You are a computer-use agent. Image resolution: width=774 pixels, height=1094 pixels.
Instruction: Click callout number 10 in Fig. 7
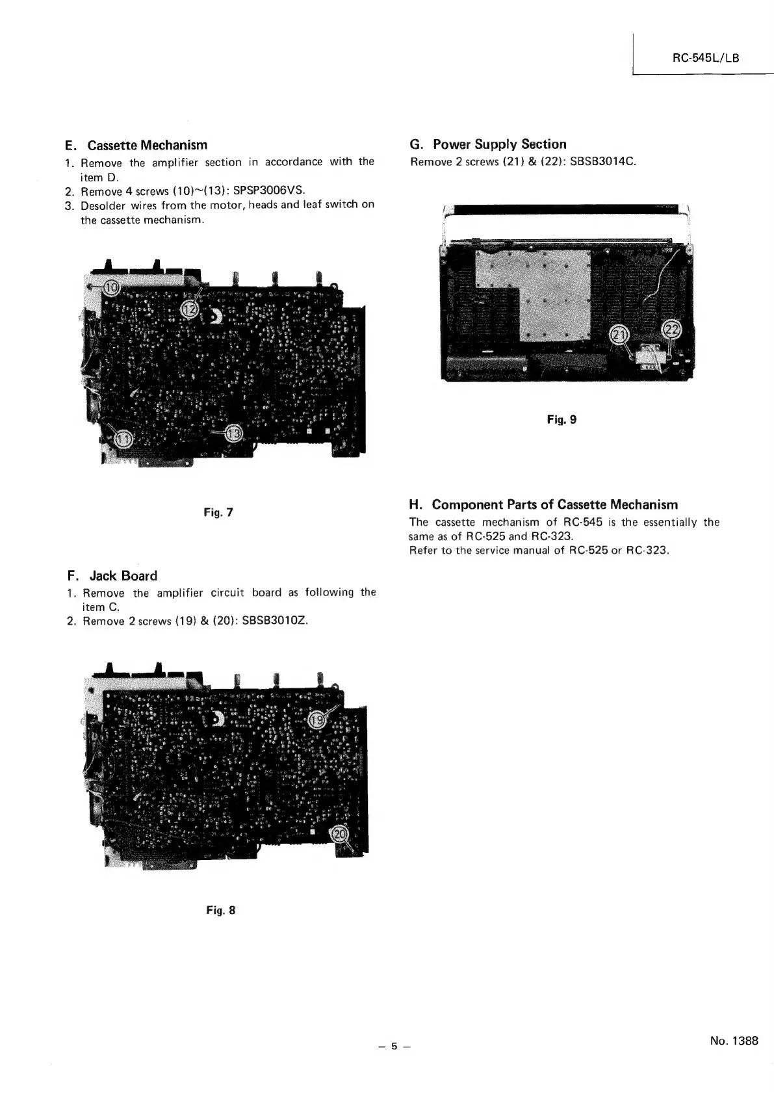pos(112,287)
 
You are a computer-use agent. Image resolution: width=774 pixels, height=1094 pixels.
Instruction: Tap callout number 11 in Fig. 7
pos(123,441)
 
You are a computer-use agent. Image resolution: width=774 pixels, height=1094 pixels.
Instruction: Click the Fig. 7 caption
pos(218,513)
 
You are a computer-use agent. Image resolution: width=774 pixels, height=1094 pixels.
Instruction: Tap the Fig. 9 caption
pos(561,419)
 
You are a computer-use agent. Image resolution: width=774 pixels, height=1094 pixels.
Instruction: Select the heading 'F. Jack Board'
pos(112,575)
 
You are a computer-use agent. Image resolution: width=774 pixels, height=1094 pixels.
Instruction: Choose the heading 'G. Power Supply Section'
pos(487,144)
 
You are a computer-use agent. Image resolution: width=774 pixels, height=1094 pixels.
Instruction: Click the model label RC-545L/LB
pos(705,58)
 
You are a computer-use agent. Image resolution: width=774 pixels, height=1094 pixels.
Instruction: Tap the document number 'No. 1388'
pos(734,1041)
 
